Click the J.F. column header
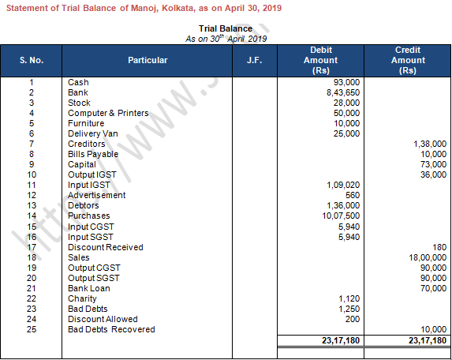[x=254, y=60]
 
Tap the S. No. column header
[x=31, y=60]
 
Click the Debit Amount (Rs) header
[x=320, y=60]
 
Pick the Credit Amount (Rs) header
[x=408, y=60]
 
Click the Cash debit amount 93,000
[x=346, y=82]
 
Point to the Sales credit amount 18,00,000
[x=427, y=257]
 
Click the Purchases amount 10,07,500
[x=340, y=216]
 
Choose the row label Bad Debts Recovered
[x=111, y=329]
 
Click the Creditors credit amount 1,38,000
[x=430, y=144]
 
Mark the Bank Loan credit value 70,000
[x=433, y=288]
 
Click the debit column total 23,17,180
[x=340, y=340]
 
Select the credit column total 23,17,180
[x=427, y=340]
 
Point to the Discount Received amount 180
[x=439, y=247]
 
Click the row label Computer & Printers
[x=108, y=113]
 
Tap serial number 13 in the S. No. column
[x=31, y=205]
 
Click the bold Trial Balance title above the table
[x=226, y=28]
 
